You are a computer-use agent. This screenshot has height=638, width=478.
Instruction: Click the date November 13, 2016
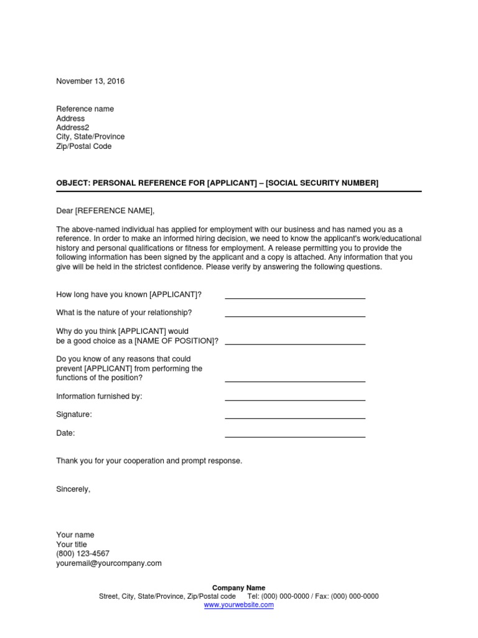(x=90, y=81)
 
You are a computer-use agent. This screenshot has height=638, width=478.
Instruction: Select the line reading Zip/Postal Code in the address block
(x=84, y=146)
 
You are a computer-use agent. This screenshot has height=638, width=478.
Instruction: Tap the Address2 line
(x=73, y=128)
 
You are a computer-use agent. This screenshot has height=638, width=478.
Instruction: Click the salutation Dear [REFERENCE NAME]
(x=105, y=211)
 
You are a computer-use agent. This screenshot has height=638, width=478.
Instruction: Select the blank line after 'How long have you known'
(x=294, y=297)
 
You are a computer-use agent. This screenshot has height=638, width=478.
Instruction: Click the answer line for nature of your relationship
(x=294, y=315)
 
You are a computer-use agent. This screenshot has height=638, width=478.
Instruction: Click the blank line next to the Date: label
(x=294, y=436)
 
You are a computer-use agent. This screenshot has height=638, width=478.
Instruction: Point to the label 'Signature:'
(x=74, y=414)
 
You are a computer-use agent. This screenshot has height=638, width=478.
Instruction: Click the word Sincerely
(x=73, y=489)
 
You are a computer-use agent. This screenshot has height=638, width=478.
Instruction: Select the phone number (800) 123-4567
(x=83, y=553)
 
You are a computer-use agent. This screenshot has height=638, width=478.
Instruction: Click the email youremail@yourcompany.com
(x=109, y=563)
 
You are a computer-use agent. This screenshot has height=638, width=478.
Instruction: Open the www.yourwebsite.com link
(x=239, y=604)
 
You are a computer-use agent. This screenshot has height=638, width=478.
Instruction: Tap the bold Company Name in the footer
(x=239, y=588)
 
